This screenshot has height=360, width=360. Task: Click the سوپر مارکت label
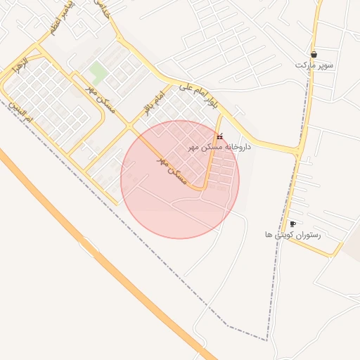click(314, 65)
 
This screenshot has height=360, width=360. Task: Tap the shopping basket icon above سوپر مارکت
click(314, 54)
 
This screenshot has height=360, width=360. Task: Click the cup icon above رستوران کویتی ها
click(292, 224)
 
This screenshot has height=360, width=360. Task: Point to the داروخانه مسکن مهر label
click(219, 147)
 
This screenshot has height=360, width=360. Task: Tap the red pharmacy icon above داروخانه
click(219, 136)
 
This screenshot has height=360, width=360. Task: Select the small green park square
click(98, 71)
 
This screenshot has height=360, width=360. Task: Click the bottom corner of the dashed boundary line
click(267, 340)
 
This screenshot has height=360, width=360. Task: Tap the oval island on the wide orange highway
click(89, 246)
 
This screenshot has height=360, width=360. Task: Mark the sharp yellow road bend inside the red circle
click(203, 188)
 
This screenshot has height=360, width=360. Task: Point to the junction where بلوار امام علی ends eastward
click(300, 150)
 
